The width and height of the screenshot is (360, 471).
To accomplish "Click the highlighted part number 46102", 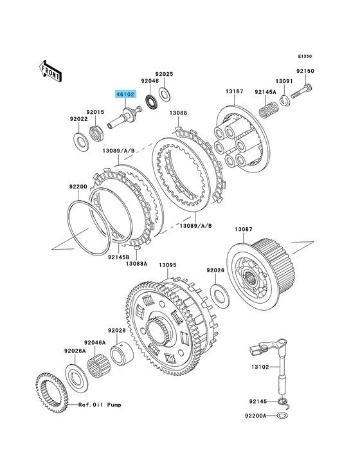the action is tap(126, 95).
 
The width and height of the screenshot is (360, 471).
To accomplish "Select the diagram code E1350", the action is tap(305, 56).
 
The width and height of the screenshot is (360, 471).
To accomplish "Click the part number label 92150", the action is tap(305, 71).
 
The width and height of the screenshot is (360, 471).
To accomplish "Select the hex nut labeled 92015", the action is tap(97, 133).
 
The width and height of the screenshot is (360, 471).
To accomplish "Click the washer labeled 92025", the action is tap(165, 93).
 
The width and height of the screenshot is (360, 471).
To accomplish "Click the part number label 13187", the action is tap(235, 91).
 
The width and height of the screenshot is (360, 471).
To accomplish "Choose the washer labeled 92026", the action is tap(220, 295).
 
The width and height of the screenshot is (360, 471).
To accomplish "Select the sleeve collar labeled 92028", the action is tap(122, 354).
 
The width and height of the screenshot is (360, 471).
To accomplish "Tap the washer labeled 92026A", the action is tap(76, 377).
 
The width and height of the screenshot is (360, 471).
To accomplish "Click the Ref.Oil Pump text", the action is tap(100, 405).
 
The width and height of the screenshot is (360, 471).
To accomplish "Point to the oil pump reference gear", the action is tap(53, 394).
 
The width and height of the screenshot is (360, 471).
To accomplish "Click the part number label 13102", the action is tap(260, 367).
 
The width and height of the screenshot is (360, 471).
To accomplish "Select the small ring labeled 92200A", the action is tap(282, 416).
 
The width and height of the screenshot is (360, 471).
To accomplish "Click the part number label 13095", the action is tap(168, 265).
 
